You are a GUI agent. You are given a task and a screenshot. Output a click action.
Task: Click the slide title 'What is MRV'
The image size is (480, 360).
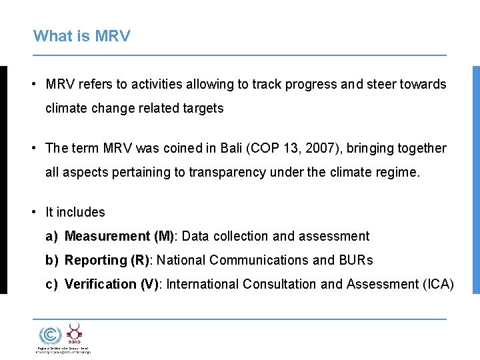coord(81,36)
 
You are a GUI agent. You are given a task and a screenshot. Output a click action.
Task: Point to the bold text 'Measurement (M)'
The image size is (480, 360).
coord(119,236)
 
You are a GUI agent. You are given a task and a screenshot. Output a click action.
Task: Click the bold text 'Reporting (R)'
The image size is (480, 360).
coord(107,260)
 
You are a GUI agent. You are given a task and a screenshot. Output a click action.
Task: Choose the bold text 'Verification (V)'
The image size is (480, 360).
coord(111,284)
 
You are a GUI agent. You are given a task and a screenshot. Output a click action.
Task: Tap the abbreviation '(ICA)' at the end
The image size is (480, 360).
coord(438,284)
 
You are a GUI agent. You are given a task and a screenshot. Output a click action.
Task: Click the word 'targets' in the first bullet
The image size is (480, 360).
coord(203,108)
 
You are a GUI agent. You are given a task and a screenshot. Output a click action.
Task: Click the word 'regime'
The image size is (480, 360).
coord(399,172)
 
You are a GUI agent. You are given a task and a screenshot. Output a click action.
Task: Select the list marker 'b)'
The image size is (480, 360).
coord(52,260)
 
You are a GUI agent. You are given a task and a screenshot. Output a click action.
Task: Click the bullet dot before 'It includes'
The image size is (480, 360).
coord(33,212)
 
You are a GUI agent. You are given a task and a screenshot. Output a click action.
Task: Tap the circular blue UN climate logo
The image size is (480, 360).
coord(48,335)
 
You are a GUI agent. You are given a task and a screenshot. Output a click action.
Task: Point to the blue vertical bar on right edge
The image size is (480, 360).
coord(476,180)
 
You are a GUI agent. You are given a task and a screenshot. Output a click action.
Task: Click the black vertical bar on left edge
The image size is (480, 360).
coord(3,180)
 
